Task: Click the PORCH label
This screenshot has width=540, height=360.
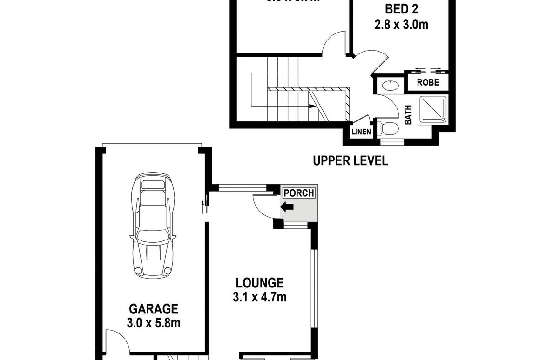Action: click(299, 193)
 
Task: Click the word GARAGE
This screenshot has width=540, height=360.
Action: click(154, 309)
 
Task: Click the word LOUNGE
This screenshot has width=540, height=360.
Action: click(260, 282)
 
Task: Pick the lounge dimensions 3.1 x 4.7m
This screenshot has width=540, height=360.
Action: click(260, 297)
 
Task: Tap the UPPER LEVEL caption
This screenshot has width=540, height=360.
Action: click(350, 161)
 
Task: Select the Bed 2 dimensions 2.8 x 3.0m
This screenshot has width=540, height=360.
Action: click(401, 24)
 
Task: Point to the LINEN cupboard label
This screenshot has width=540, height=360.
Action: click(361, 132)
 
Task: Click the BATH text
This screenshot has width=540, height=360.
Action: click(408, 114)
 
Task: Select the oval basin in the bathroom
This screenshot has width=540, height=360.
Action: click(389, 86)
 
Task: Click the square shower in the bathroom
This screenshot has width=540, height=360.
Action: click(432, 110)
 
